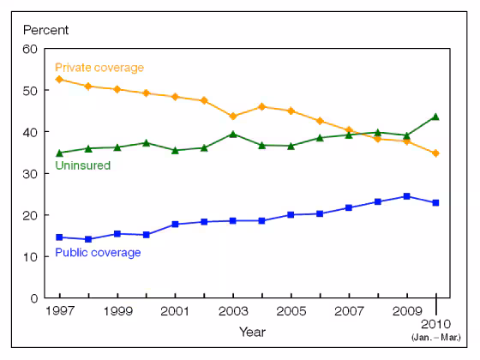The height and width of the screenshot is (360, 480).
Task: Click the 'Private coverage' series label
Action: click(99, 68)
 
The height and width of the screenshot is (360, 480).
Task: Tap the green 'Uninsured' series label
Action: click(82, 165)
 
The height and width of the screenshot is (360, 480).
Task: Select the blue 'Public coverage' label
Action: click(98, 253)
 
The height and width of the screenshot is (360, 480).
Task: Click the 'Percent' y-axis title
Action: click(47, 30)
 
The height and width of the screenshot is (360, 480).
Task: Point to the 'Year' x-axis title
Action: click(252, 331)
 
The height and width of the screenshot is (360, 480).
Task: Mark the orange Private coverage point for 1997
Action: click(59, 80)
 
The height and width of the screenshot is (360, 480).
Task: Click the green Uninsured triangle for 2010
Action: click(437, 117)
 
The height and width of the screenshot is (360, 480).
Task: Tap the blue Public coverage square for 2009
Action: click(408, 196)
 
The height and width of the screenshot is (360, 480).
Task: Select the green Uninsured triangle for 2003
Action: click(234, 134)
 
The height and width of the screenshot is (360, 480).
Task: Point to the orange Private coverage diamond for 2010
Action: click(437, 153)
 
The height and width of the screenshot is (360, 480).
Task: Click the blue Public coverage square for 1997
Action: click(59, 237)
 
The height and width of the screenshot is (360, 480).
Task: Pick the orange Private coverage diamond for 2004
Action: click(262, 107)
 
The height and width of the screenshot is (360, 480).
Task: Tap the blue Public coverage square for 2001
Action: click(175, 225)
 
